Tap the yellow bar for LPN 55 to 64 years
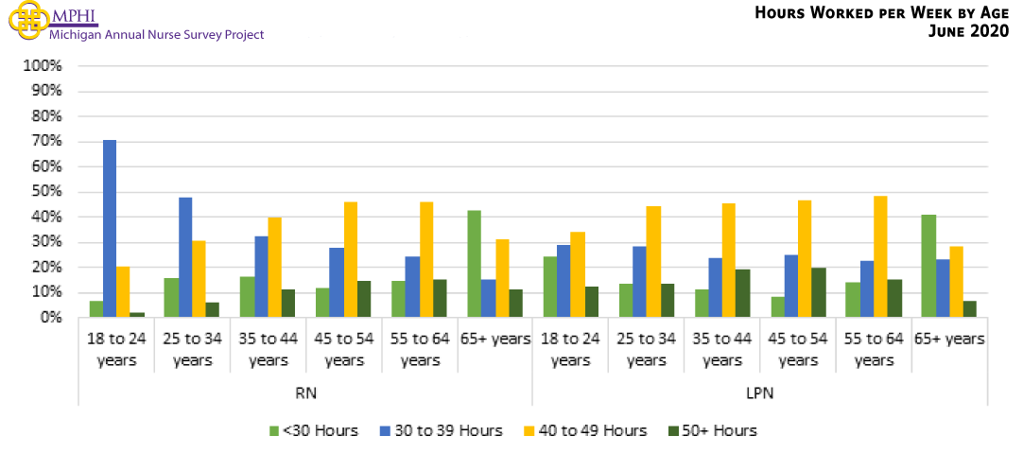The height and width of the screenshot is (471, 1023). [x=880, y=256]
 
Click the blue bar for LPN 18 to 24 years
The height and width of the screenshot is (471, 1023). [x=564, y=281]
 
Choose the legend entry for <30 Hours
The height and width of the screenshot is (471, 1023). [x=315, y=431]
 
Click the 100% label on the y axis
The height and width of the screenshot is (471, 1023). [x=43, y=66]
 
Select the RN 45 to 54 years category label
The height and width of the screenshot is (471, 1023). [x=343, y=348]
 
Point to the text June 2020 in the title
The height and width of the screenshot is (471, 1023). [x=970, y=31]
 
